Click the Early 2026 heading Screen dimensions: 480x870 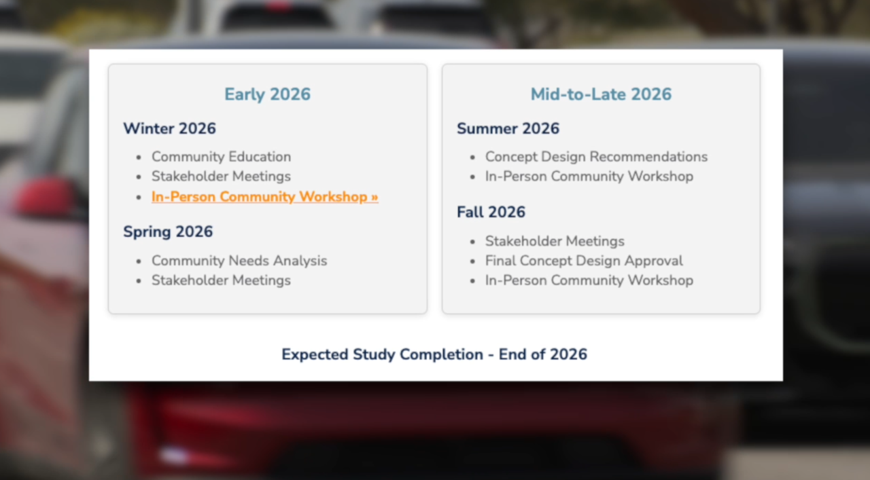tap(267, 94)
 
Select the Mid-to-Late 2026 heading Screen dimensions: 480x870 tap(601, 94)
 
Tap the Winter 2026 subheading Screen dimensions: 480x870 tap(169, 128)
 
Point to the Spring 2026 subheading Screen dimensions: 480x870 tap(168, 232)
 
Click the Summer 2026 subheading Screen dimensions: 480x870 tap(508, 128)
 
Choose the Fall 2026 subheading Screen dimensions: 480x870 tap(491, 212)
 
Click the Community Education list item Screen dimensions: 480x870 tap(221, 157)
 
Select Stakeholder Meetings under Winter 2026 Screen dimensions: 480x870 tap(221, 177)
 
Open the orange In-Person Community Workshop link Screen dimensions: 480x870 tap(264, 197)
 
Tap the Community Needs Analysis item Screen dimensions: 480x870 tap(239, 261)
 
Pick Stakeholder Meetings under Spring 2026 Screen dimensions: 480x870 tap(221, 280)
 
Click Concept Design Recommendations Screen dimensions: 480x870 tap(596, 157)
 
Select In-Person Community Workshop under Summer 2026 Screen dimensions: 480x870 tap(589, 177)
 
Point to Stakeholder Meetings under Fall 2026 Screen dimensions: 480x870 tap(555, 241)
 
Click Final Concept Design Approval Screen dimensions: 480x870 tap(584, 261)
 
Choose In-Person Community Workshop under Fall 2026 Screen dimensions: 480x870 tap(589, 280)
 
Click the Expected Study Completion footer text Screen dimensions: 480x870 tap(434, 354)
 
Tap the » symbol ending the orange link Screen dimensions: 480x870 tap(375, 198)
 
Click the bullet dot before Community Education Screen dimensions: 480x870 tap(139, 158)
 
